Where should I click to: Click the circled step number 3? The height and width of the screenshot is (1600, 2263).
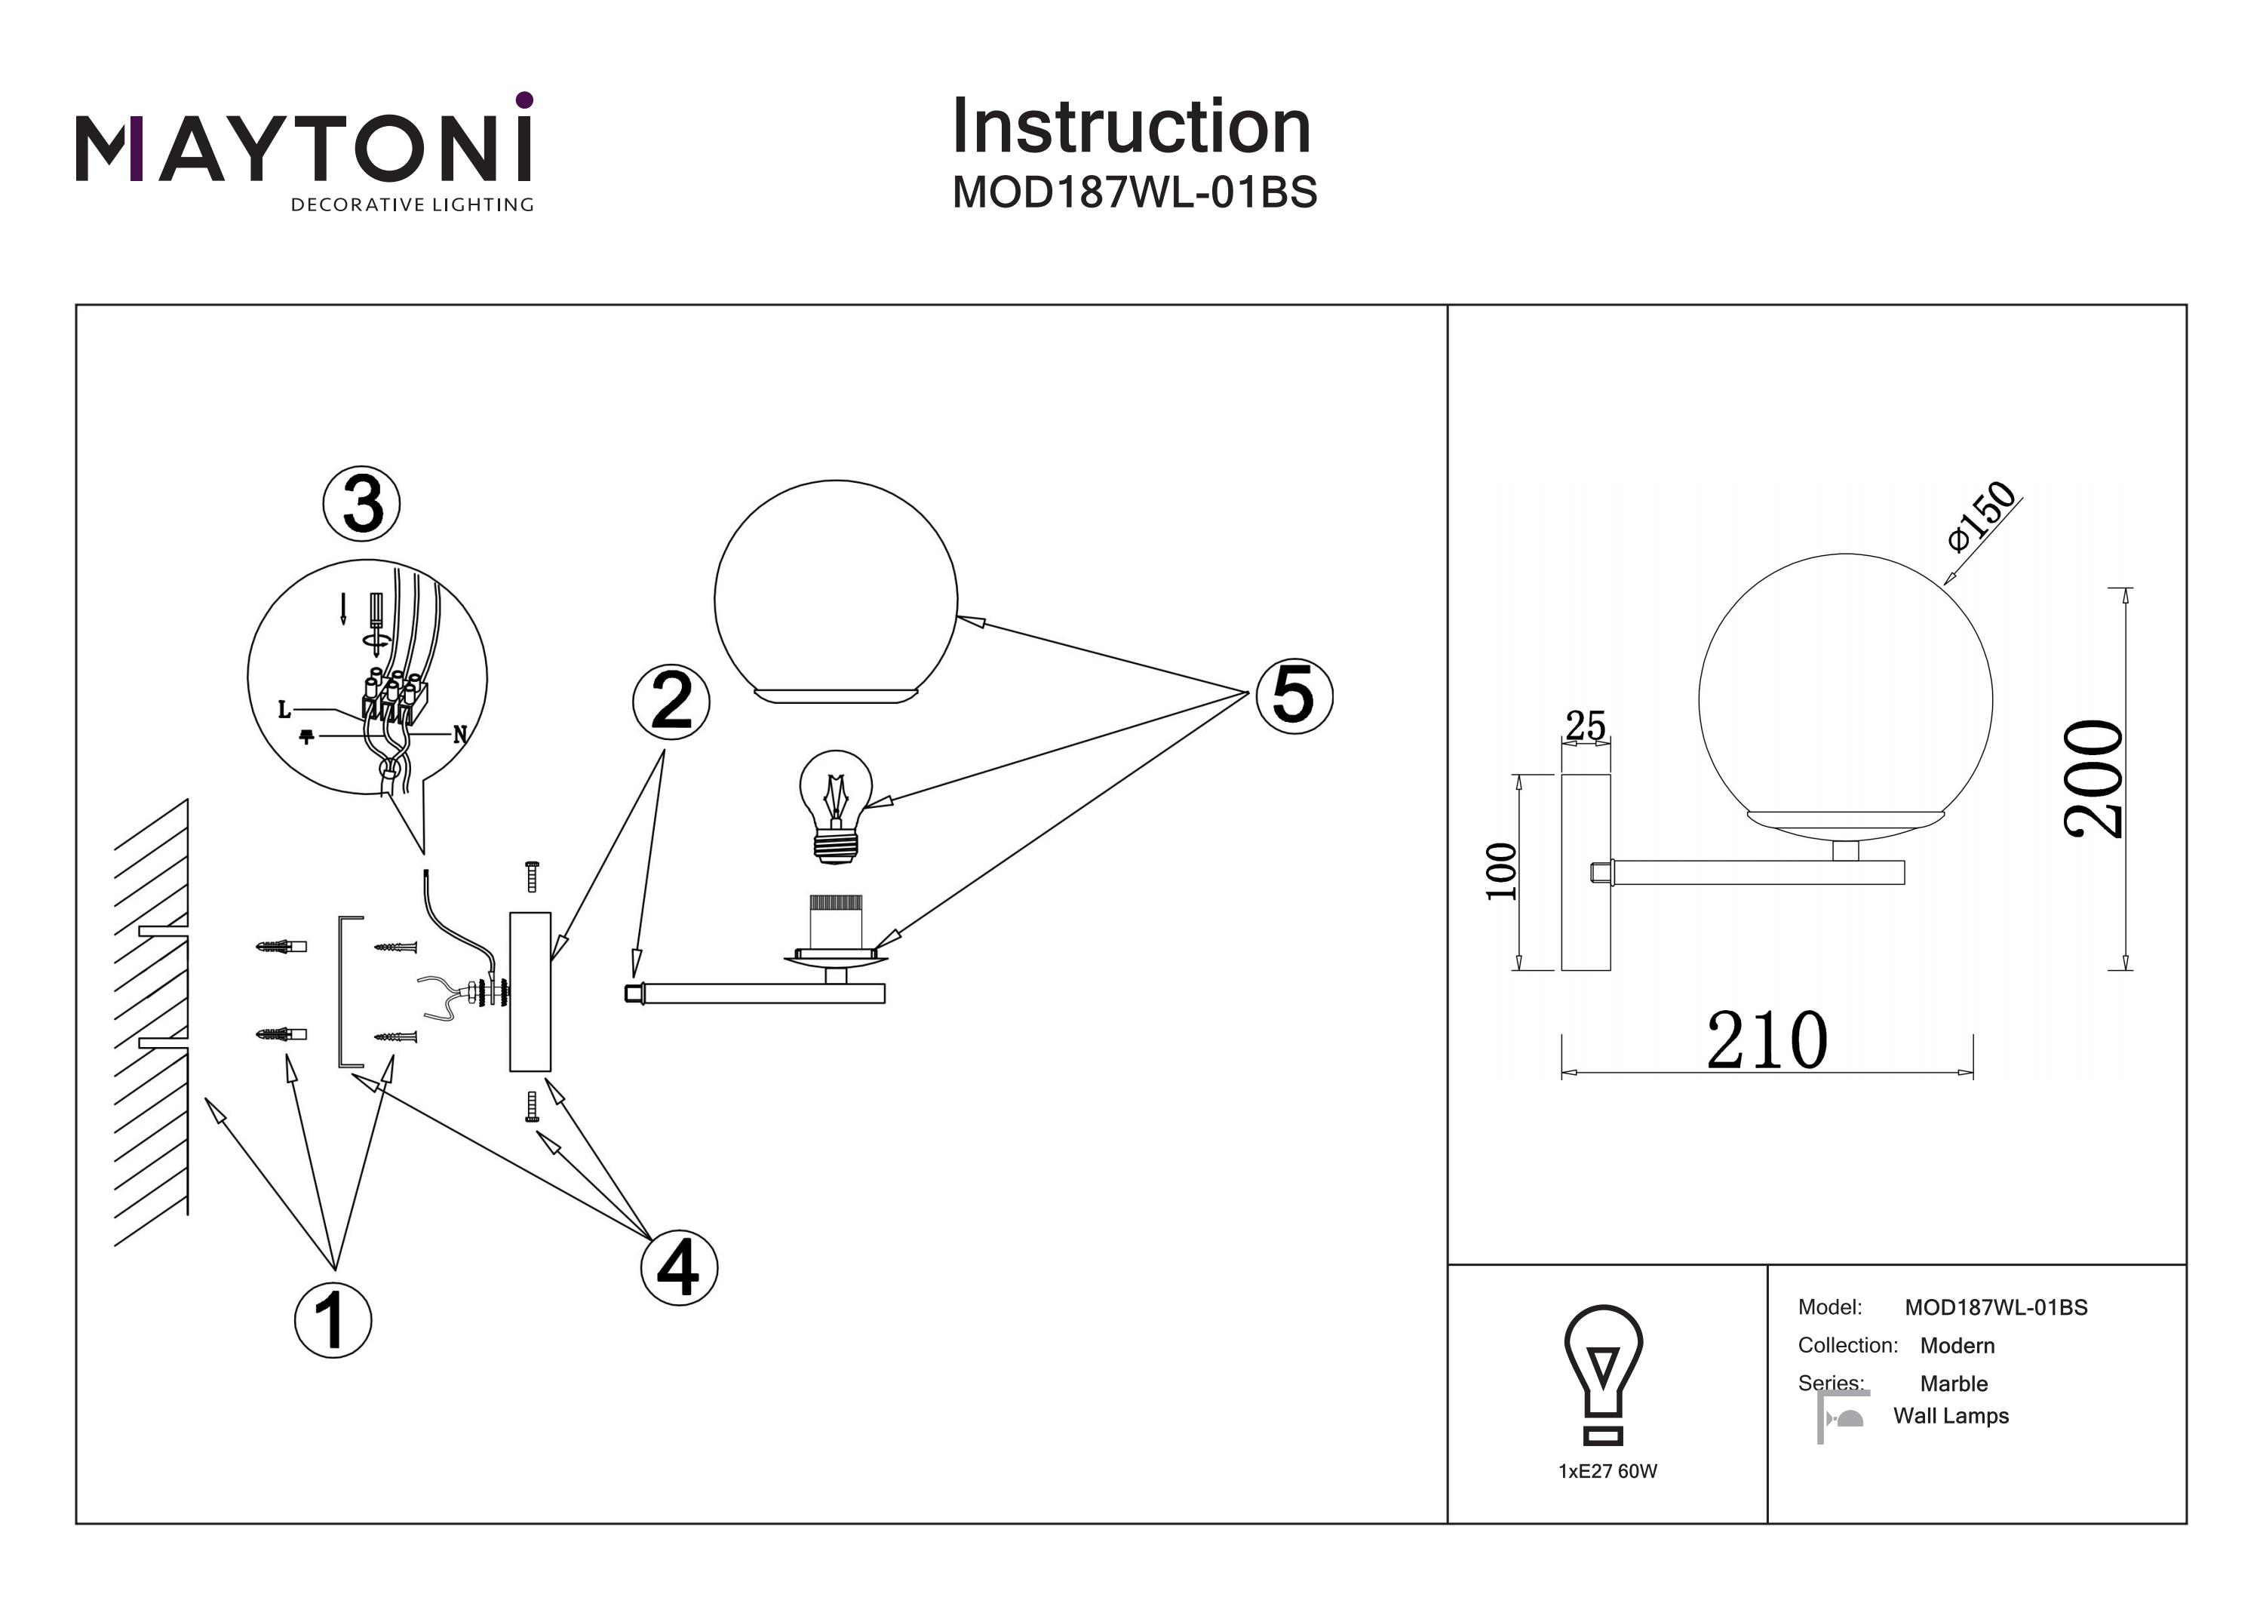[362, 504]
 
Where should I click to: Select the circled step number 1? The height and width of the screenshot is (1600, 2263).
[333, 1320]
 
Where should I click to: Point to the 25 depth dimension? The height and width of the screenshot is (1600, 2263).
[1585, 726]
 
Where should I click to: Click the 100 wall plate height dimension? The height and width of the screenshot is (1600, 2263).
[1500, 871]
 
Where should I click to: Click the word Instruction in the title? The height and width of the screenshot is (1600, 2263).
[1131, 127]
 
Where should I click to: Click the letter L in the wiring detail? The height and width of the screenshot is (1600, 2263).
[284, 710]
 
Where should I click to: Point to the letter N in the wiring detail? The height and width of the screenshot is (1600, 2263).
[459, 735]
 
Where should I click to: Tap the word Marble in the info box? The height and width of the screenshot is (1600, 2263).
[1954, 1383]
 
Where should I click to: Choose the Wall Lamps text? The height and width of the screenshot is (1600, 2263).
[1951, 1416]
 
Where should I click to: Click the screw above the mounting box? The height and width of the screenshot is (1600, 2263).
[533, 875]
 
